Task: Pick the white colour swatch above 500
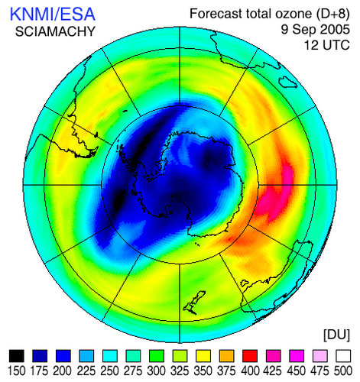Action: click(x=342, y=355)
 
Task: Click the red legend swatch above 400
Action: click(x=249, y=355)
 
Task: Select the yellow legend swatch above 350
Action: click(x=203, y=355)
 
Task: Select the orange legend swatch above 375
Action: click(x=226, y=355)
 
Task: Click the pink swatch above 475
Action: click(x=319, y=355)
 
